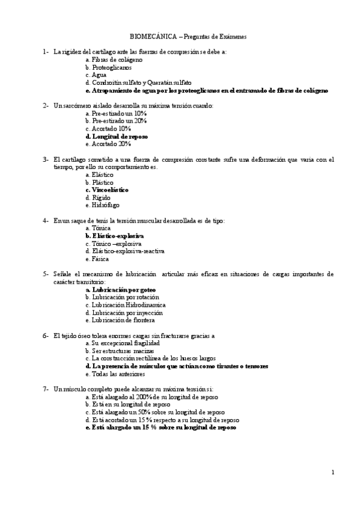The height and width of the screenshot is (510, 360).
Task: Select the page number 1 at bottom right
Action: coord(332,472)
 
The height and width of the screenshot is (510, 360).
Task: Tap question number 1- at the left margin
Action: coord(46,52)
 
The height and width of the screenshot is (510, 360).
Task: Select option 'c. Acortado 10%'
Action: coord(108,129)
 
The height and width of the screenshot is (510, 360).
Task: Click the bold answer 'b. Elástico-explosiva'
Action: coord(115,236)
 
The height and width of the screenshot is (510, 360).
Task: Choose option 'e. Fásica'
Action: coord(99,259)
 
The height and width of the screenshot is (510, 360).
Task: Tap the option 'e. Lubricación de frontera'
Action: coord(120,320)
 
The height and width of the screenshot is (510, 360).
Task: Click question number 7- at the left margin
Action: coord(46,389)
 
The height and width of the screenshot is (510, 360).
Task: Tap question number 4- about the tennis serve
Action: coord(46,221)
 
